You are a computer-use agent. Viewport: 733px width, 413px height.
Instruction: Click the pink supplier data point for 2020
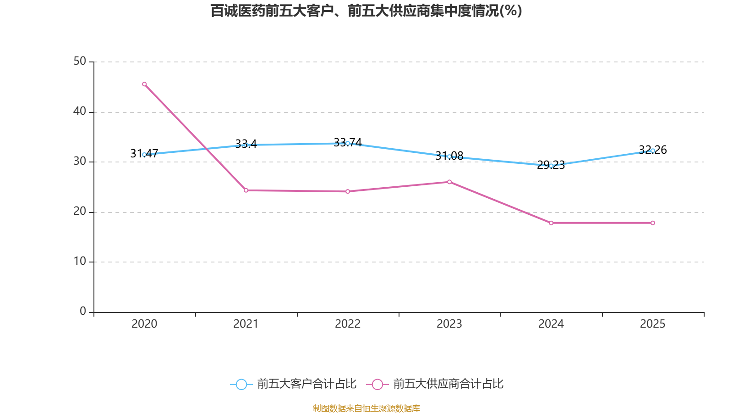[144, 84]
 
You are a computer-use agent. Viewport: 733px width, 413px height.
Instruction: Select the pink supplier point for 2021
[246, 190]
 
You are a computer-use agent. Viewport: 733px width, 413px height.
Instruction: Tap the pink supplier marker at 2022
[348, 191]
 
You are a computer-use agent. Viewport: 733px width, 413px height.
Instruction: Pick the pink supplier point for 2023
[449, 182]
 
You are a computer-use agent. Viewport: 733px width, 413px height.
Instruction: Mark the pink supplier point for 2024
[551, 223]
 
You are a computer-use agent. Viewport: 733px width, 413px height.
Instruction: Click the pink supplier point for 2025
[653, 223]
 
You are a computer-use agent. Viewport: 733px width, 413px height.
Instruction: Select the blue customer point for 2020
[144, 155]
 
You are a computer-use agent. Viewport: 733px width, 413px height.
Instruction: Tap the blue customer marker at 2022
[348, 143]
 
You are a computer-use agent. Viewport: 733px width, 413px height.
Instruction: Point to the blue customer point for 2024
[551, 166]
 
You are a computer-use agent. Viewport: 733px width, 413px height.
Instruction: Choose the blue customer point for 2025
[653, 151]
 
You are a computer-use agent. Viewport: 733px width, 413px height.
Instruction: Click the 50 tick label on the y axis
[80, 61]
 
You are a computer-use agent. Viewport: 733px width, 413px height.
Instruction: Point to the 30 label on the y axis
[80, 162]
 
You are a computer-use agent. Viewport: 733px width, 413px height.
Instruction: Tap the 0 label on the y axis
[83, 312]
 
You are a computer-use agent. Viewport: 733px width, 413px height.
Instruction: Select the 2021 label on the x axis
[246, 324]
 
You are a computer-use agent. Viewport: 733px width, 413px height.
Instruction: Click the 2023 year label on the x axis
[449, 324]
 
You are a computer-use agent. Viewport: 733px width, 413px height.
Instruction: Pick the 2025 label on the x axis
[653, 324]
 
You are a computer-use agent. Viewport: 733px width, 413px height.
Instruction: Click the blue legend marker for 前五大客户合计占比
[241, 384]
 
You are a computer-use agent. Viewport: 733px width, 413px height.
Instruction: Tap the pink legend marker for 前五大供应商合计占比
[377, 384]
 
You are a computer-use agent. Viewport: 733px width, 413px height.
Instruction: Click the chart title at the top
[366, 11]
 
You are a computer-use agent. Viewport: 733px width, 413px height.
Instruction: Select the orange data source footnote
[366, 408]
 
